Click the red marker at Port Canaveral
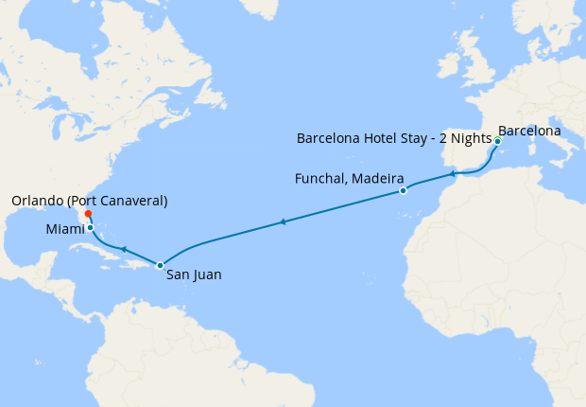pos(88,214)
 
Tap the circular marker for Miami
pos(90,227)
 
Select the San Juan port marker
pos(160,265)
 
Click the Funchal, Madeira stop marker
pos(404,190)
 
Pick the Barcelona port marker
pos(497,141)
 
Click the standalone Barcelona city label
pos(529,130)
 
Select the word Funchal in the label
pos(320,179)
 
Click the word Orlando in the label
pos(39,201)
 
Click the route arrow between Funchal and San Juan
pos(282,222)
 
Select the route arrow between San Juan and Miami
pos(123,249)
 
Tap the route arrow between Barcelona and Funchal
pos(454,173)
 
